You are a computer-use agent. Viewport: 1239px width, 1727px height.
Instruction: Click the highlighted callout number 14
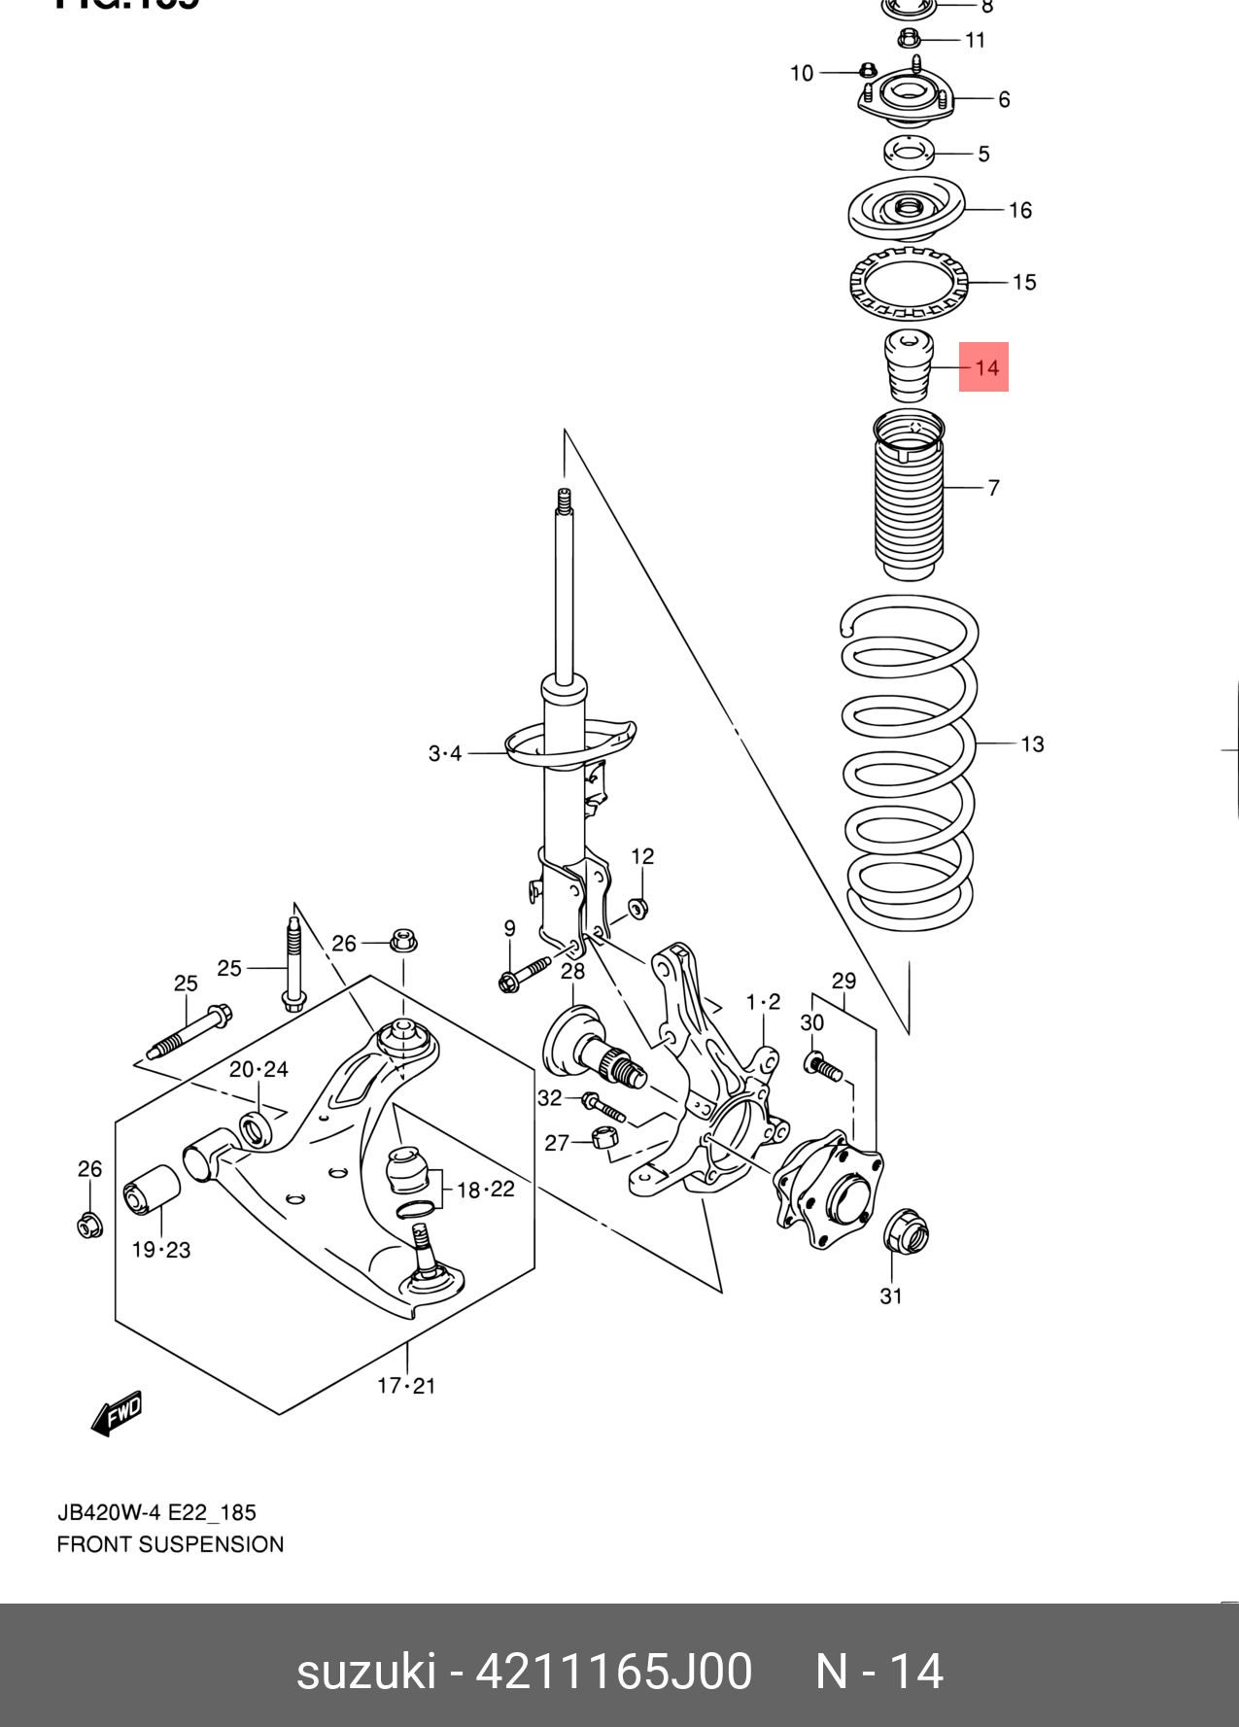tap(984, 367)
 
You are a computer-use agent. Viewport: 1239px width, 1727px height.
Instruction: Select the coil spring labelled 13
tap(909, 763)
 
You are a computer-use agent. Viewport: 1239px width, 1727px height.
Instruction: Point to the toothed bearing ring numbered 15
tap(909, 283)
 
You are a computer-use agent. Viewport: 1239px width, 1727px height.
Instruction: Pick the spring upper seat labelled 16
tap(907, 210)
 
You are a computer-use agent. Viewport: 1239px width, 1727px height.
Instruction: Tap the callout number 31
tap(891, 1295)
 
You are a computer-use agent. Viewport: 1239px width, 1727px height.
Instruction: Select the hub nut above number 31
tap(906, 1233)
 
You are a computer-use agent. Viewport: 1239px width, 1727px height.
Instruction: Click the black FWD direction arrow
tap(117, 1414)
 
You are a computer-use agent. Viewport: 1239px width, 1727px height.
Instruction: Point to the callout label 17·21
tap(406, 1386)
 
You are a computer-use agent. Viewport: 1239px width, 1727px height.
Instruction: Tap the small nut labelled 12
tap(637, 909)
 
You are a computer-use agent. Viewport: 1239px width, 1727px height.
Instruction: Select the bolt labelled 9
tap(523, 974)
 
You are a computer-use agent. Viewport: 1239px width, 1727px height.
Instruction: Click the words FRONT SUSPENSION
tap(170, 1544)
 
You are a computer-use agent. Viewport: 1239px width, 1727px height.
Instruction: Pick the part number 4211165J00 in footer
tap(613, 1672)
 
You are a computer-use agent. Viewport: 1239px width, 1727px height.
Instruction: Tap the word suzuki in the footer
tap(365, 1672)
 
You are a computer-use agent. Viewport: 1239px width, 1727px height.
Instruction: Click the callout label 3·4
tap(445, 753)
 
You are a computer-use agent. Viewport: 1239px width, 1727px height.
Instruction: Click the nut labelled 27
tap(603, 1137)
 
